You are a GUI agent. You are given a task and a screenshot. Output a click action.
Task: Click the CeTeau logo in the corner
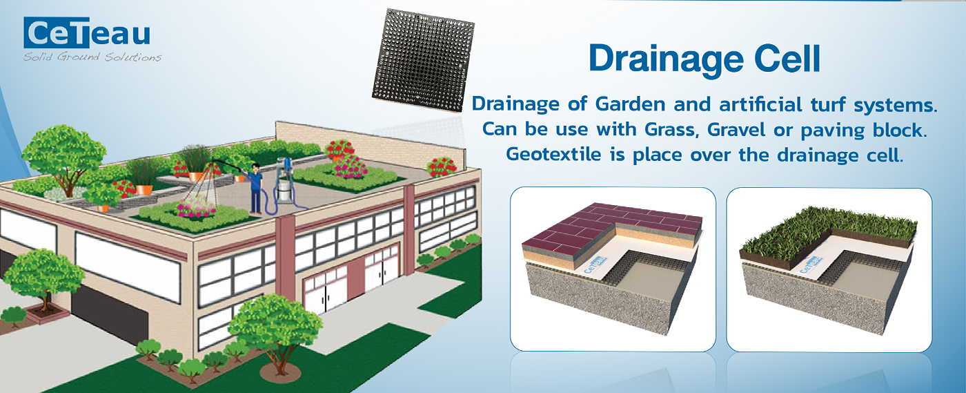click(87, 33)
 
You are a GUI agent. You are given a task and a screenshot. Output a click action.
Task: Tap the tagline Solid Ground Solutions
click(92, 57)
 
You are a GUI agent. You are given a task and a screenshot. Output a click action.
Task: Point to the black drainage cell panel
click(424, 59)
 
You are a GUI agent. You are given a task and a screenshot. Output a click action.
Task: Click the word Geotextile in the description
click(553, 154)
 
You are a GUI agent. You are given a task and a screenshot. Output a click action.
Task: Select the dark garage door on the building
click(110, 315)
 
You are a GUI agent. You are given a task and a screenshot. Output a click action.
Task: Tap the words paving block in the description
click(863, 130)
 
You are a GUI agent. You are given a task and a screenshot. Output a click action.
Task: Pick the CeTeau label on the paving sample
click(595, 265)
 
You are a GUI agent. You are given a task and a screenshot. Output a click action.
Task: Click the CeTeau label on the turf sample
click(811, 265)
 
